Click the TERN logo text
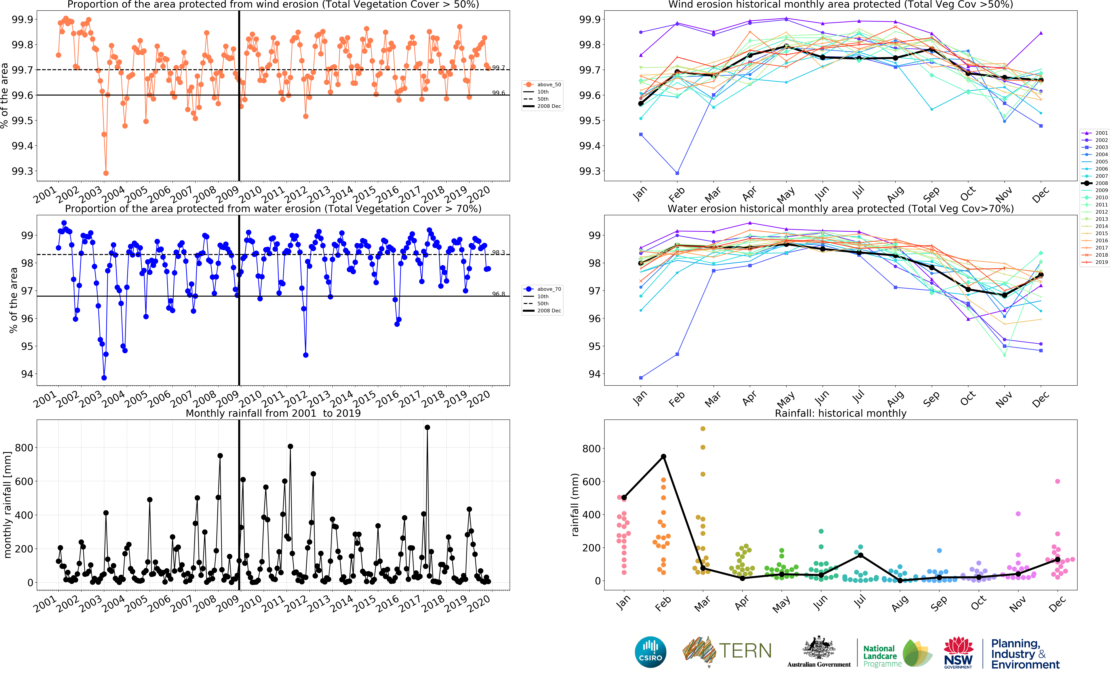pos(745,651)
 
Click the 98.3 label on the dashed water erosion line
pos(498,253)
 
